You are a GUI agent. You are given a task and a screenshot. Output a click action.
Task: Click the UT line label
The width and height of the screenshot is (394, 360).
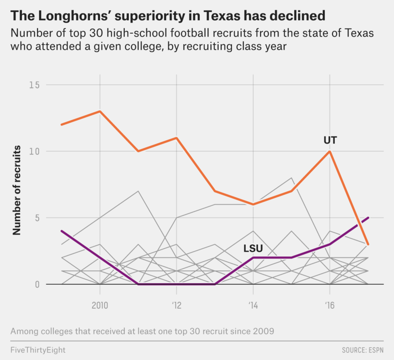pos(330,140)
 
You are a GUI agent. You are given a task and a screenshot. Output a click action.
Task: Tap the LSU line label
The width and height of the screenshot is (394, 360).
pos(252,249)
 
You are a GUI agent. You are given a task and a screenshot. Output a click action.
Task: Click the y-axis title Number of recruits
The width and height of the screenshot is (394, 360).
pos(17,190)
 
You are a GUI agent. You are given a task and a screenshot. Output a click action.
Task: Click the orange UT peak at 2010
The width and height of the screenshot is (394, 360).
pos(100,111)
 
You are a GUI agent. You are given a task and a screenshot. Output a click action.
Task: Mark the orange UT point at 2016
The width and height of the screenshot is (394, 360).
pos(330,151)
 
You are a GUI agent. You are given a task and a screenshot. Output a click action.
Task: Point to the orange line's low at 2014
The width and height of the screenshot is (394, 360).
pos(253,204)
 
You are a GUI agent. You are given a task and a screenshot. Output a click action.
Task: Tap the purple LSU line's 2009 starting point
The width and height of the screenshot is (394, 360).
pos(62,231)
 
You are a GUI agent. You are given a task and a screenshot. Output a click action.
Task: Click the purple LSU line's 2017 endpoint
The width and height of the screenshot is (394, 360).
pos(368,217)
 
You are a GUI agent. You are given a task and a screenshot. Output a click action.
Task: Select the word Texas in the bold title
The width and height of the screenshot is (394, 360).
pos(226,16)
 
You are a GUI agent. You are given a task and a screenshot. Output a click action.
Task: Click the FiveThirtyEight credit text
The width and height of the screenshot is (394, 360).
pos(37,350)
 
